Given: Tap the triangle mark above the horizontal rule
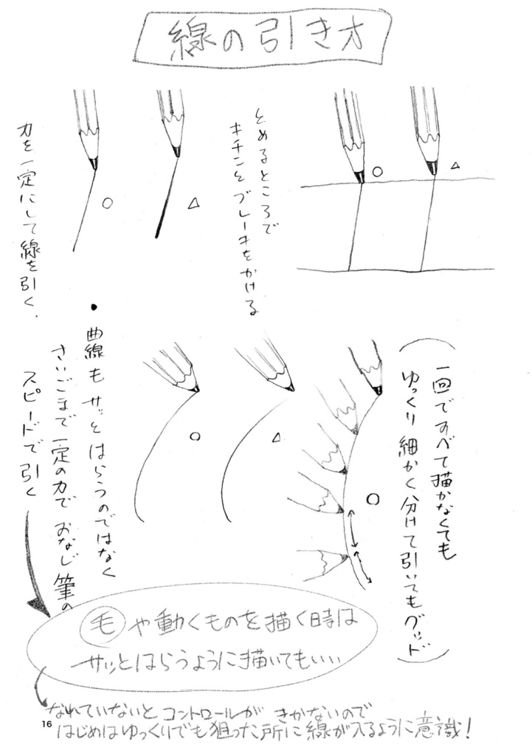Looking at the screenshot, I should (x=457, y=166).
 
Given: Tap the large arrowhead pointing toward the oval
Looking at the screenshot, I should (x=38, y=602).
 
